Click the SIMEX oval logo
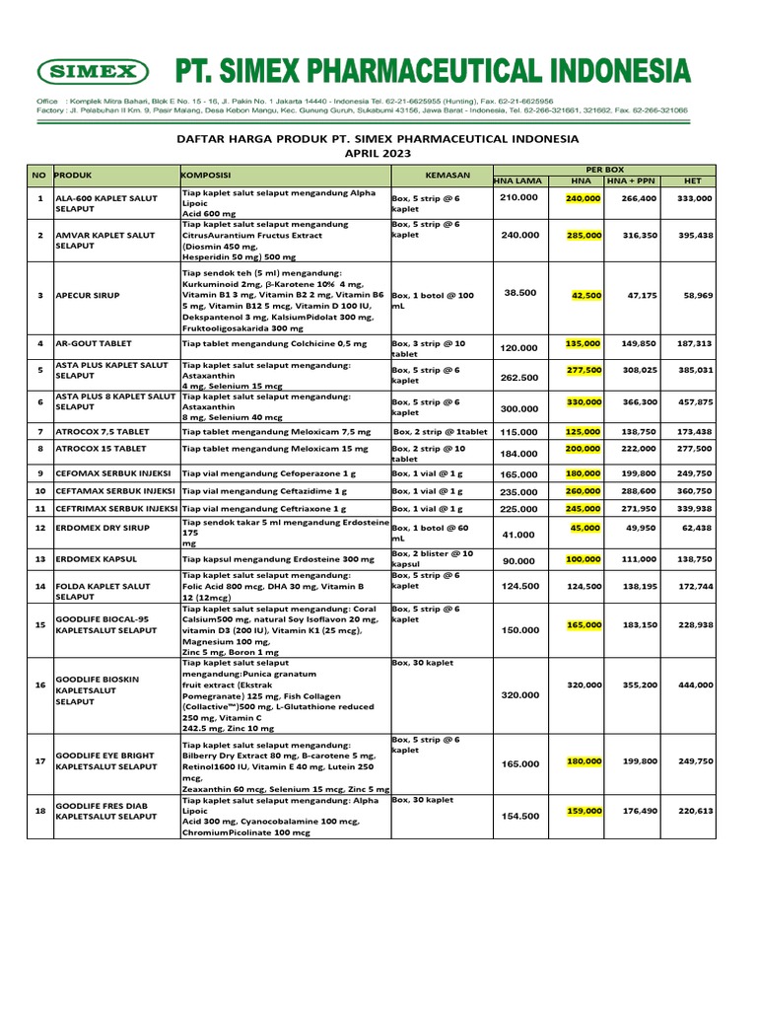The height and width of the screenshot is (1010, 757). click(93, 72)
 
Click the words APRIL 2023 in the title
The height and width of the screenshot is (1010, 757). click(378, 155)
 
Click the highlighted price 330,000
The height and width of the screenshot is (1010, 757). click(584, 402)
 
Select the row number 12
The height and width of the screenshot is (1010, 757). click(40, 529)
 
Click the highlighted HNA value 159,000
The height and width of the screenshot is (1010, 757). click(584, 811)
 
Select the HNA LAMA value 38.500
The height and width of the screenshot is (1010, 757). click(520, 293)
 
